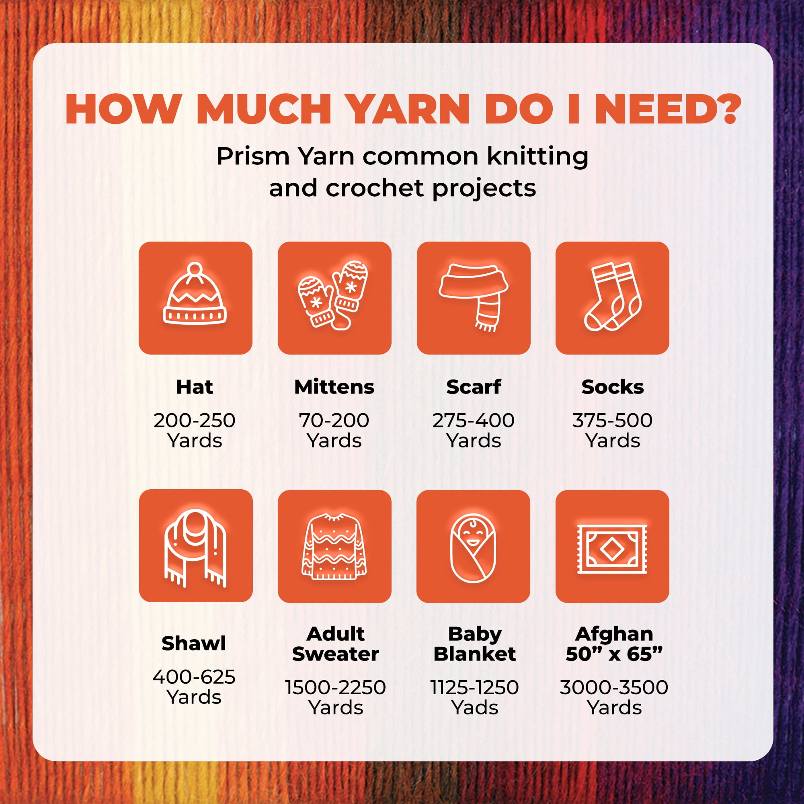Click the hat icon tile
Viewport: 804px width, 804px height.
195,298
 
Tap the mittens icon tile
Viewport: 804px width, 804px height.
334,298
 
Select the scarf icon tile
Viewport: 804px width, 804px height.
474,298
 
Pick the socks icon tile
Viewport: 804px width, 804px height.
612,298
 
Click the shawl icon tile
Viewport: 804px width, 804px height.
196,546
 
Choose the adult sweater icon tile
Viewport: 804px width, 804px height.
334,546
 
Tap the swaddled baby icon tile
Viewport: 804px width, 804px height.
473,546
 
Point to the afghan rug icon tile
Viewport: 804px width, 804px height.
612,546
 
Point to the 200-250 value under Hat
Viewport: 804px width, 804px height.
194,420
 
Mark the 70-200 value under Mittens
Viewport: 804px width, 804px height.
334,420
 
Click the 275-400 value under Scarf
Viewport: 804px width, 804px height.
473,420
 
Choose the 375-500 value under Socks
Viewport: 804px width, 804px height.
612,420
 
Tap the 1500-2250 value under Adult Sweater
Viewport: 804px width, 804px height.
335,687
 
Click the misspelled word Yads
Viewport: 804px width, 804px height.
475,708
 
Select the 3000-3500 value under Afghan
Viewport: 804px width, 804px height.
614,687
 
